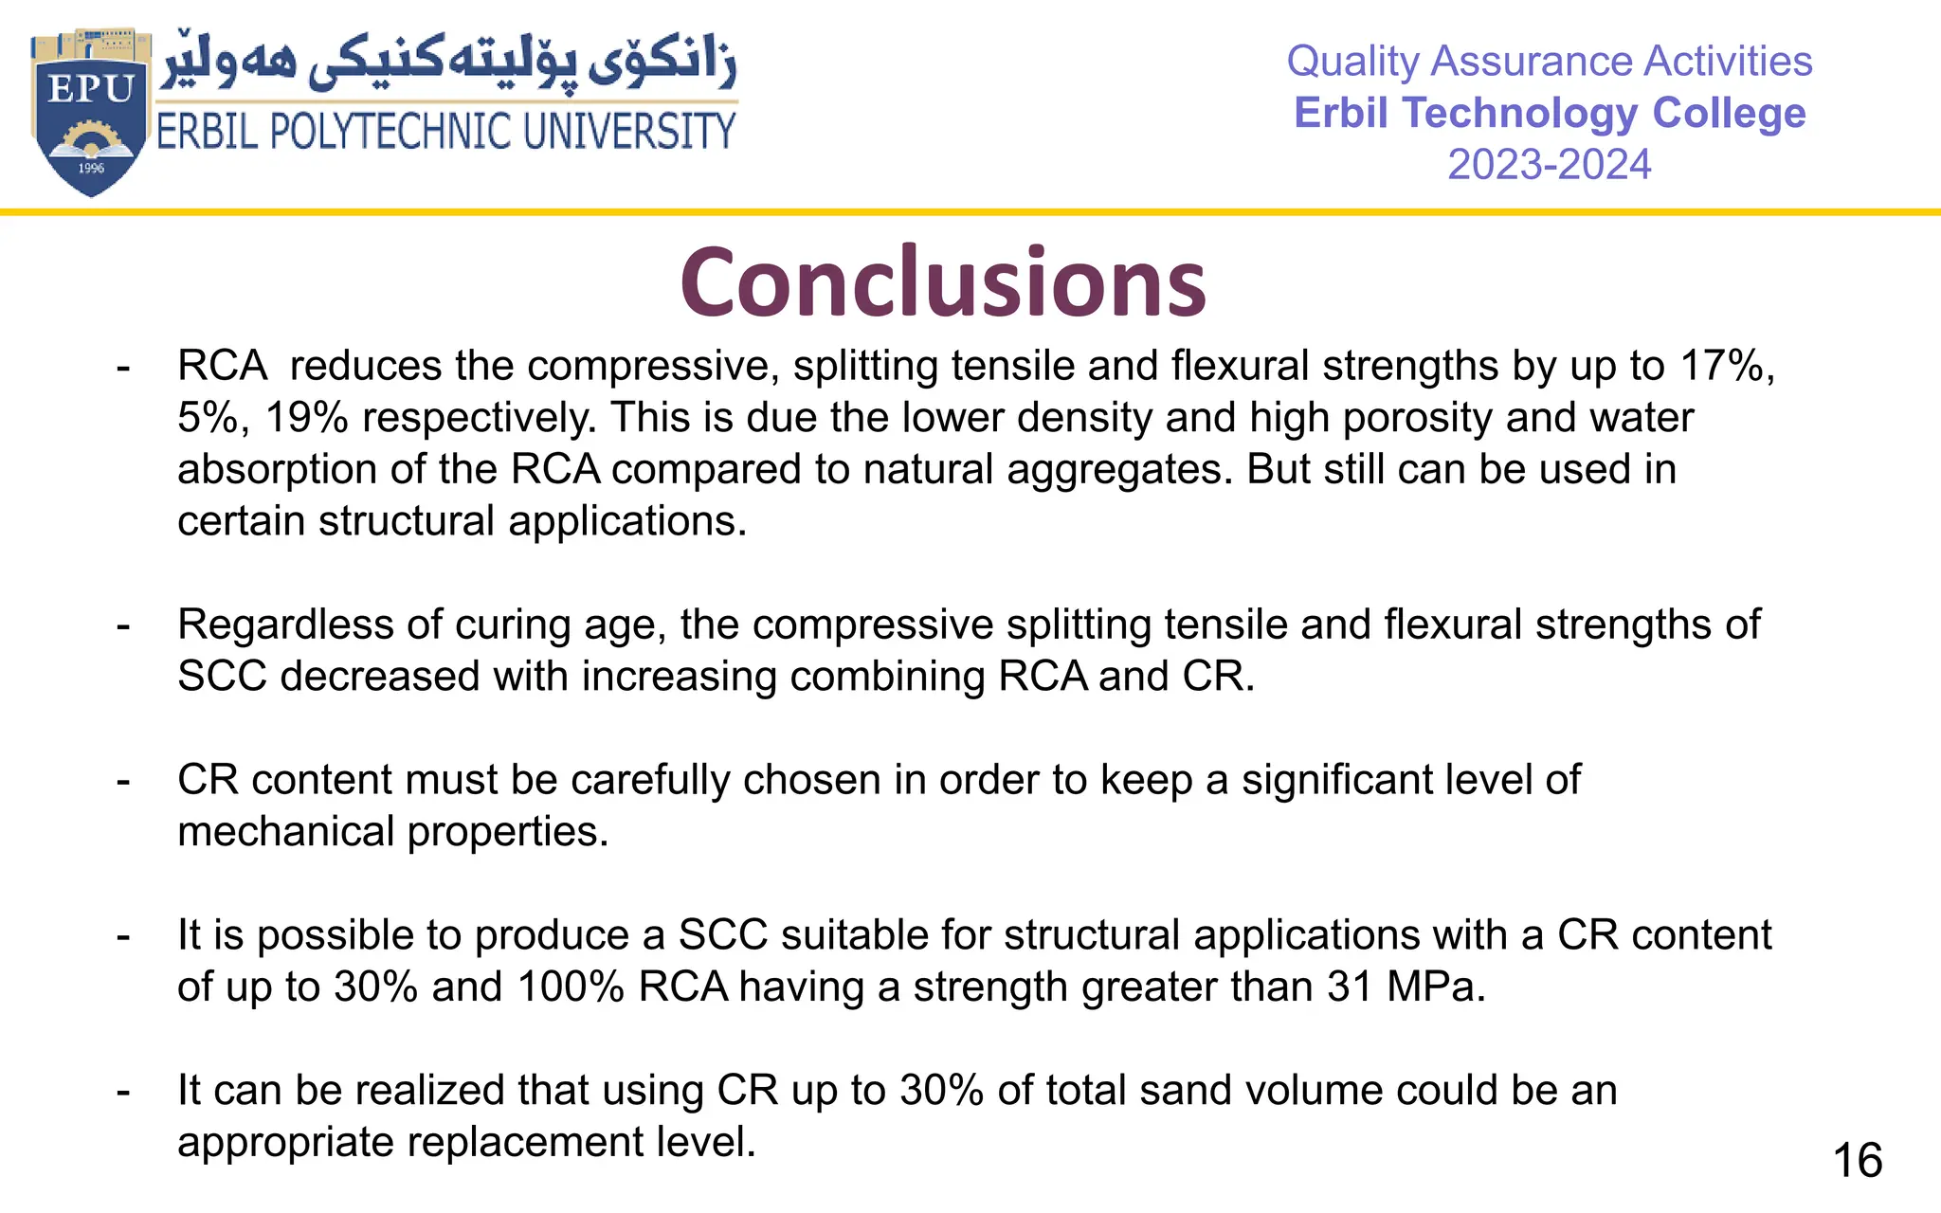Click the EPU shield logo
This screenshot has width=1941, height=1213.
90,112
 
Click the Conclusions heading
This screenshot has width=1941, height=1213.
943,282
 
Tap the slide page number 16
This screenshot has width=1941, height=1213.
1858,1161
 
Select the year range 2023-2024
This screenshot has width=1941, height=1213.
1549,165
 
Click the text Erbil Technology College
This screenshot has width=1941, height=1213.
1549,113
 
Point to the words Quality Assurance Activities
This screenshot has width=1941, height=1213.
1549,62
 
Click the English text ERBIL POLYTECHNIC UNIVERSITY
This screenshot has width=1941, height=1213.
445,132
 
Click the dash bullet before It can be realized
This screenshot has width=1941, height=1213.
123,1092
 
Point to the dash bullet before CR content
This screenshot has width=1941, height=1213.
123,781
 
